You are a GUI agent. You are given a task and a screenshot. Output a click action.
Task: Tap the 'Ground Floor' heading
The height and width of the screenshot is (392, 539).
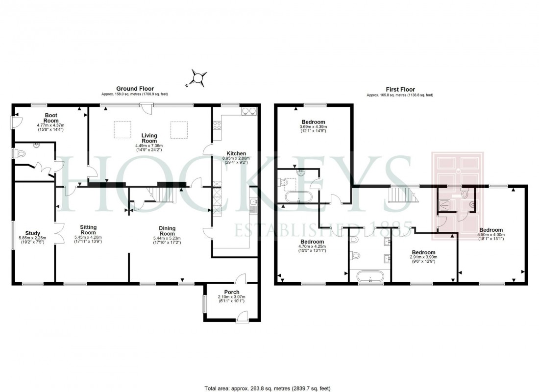135,89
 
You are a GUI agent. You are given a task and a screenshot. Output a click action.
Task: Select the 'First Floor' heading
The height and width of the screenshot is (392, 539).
400,90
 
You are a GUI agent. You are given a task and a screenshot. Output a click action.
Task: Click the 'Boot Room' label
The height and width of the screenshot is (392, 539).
50,118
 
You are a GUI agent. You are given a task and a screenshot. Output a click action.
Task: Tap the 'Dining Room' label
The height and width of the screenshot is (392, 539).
167,230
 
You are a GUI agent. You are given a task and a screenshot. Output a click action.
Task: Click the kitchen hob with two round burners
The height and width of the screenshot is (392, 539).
248,111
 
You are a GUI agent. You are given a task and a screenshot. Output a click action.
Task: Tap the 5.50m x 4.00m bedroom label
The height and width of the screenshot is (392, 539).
490,230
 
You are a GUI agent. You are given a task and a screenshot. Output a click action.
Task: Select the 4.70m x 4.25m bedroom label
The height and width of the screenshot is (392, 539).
312,242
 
